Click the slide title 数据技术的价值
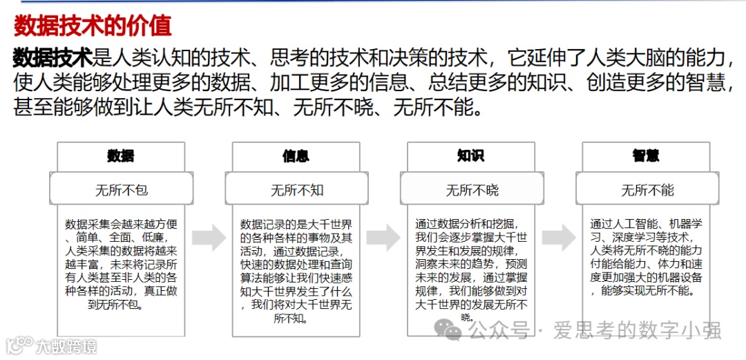point(93,26)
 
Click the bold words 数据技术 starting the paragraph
point(52,57)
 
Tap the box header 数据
point(121,156)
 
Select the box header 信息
point(296,156)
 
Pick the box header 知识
point(470,156)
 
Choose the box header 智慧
point(646,156)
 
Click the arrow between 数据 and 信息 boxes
point(209,238)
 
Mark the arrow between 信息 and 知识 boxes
point(383,238)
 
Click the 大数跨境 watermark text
point(66,345)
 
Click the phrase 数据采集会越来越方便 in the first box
point(122,225)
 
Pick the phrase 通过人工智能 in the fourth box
point(627,225)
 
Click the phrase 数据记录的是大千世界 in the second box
point(296,225)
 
